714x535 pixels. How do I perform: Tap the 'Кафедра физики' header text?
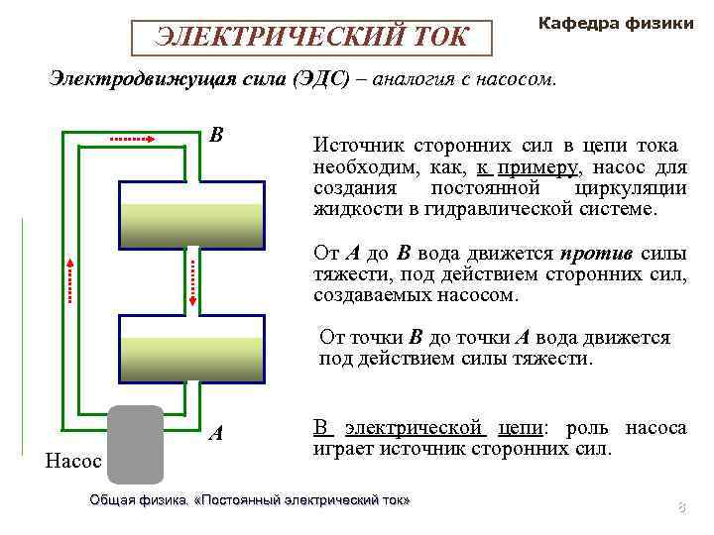[x=615, y=22]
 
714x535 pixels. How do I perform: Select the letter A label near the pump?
[x=216, y=433]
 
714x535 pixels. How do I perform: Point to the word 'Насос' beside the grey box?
[x=72, y=461]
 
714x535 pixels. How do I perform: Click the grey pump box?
[x=135, y=444]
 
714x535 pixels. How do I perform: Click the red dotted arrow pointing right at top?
[x=133, y=140]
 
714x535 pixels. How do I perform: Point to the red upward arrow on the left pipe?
[x=70, y=279]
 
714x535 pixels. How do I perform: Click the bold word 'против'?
[x=593, y=252]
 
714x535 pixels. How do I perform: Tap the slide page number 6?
[x=681, y=508]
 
